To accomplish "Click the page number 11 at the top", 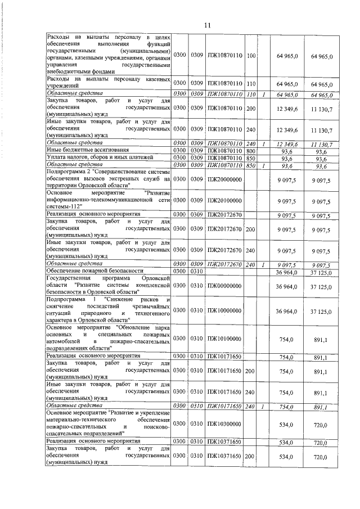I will coord(206,25).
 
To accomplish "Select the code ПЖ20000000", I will coord(224,179).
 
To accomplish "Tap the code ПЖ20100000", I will coord(224,201).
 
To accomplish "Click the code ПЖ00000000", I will coord(224,286).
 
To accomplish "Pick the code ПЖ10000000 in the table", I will coord(224,310).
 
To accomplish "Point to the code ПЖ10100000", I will coord(224,339).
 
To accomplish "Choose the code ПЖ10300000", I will coord(224,424).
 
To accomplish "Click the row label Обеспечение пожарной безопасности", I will coord(90,272).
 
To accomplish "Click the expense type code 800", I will coord(251,151).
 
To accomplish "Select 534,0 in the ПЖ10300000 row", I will coord(287,424).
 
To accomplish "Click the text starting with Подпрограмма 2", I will coord(107,179).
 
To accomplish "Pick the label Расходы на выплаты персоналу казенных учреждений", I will coord(107,83).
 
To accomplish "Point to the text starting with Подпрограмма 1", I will coord(107,310).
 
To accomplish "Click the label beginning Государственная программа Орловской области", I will coord(107,286).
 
